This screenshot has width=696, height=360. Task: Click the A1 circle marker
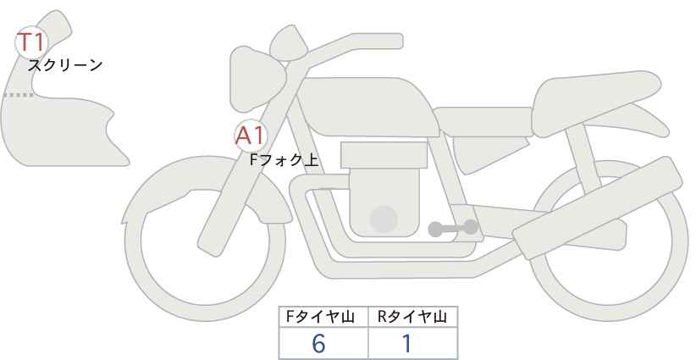pyautogui.click(x=251, y=136)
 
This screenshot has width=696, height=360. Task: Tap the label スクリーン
pyautogui.click(x=65, y=65)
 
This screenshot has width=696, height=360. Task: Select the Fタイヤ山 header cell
pyautogui.click(x=323, y=316)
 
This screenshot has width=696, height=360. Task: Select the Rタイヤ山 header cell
pyautogui.click(x=412, y=316)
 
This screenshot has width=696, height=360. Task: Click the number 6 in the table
pyautogui.click(x=318, y=343)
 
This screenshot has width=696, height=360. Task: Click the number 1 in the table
pyautogui.click(x=406, y=343)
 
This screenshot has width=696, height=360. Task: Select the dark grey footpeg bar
pyautogui.click(x=453, y=227)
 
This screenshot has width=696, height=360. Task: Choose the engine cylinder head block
pyautogui.click(x=384, y=155)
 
